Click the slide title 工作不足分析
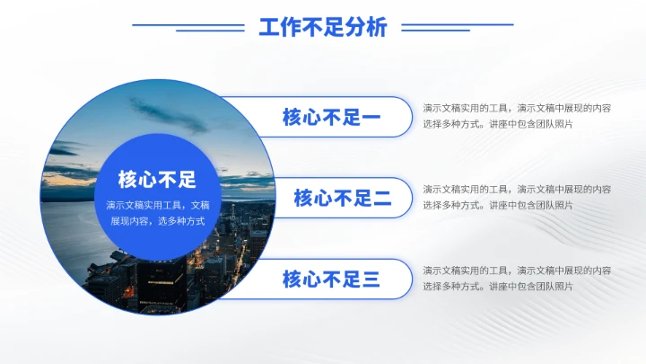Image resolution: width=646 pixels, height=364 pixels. coord(323,28)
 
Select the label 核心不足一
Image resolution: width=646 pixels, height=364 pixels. coord(331,117)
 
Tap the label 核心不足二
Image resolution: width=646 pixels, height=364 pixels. coord(342,199)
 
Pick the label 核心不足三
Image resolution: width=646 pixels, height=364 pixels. coord(331,280)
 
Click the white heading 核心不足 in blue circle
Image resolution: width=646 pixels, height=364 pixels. coord(157,179)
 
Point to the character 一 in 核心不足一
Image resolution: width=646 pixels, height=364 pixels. coord(371,117)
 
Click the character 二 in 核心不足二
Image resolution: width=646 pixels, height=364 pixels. coord(382,199)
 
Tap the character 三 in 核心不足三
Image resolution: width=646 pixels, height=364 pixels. coord(371,280)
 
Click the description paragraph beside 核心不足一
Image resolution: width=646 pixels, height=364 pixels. coord(517,115)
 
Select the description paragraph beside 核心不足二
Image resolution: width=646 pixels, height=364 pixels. coord(517,197)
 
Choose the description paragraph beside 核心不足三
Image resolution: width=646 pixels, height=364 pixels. coord(517,278)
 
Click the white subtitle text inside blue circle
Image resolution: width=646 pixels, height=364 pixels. coord(157,212)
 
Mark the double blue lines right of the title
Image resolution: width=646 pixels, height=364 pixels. coord(458,27)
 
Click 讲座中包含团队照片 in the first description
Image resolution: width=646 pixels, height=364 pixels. coord(531,124)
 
